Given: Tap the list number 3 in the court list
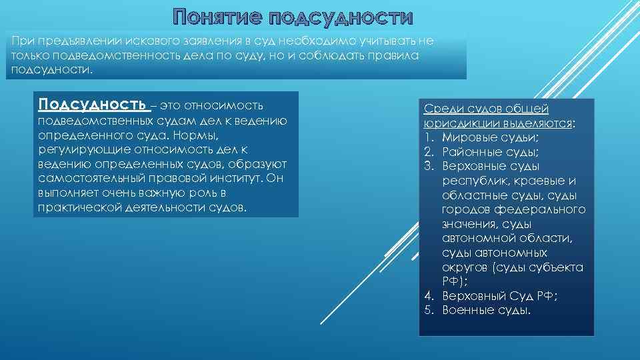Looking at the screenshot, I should [428, 166].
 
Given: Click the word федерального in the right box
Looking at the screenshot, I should [546, 209].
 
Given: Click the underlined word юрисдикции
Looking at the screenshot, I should [455, 123].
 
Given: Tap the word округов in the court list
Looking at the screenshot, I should [465, 267].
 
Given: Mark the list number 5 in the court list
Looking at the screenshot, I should [428, 311].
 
